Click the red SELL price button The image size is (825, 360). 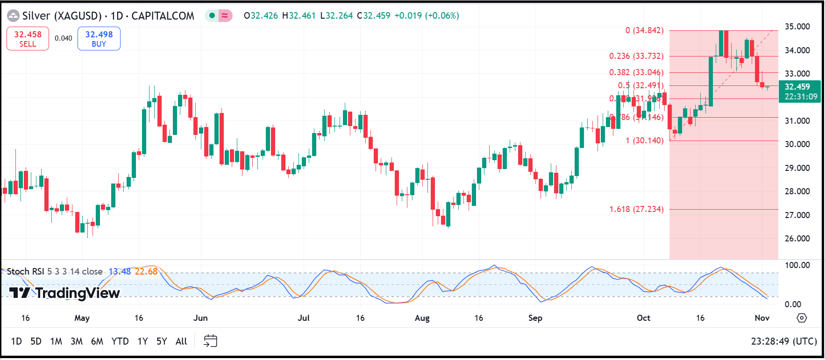[x=28, y=39]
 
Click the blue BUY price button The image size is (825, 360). [x=99, y=39]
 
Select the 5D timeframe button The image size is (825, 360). [x=36, y=341]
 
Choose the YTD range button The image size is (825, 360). [x=120, y=341]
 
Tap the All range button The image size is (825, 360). [x=181, y=341]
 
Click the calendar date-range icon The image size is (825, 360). [x=210, y=341]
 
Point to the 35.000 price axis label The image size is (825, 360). [x=797, y=27]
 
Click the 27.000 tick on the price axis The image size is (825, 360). [x=797, y=215]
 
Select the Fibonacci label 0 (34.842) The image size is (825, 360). [x=644, y=30]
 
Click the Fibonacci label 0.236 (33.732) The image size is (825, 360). [x=636, y=56]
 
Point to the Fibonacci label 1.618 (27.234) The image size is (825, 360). [x=636, y=209]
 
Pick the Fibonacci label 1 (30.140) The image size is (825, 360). [x=645, y=141]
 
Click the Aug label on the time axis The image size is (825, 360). [x=422, y=318]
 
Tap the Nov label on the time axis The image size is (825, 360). [x=762, y=318]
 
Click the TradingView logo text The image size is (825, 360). [x=65, y=293]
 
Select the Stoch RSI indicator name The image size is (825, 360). [x=26, y=271]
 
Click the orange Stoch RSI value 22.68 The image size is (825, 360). [x=146, y=271]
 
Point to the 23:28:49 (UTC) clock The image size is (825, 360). [x=784, y=341]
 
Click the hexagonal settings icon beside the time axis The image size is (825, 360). [x=802, y=318]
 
